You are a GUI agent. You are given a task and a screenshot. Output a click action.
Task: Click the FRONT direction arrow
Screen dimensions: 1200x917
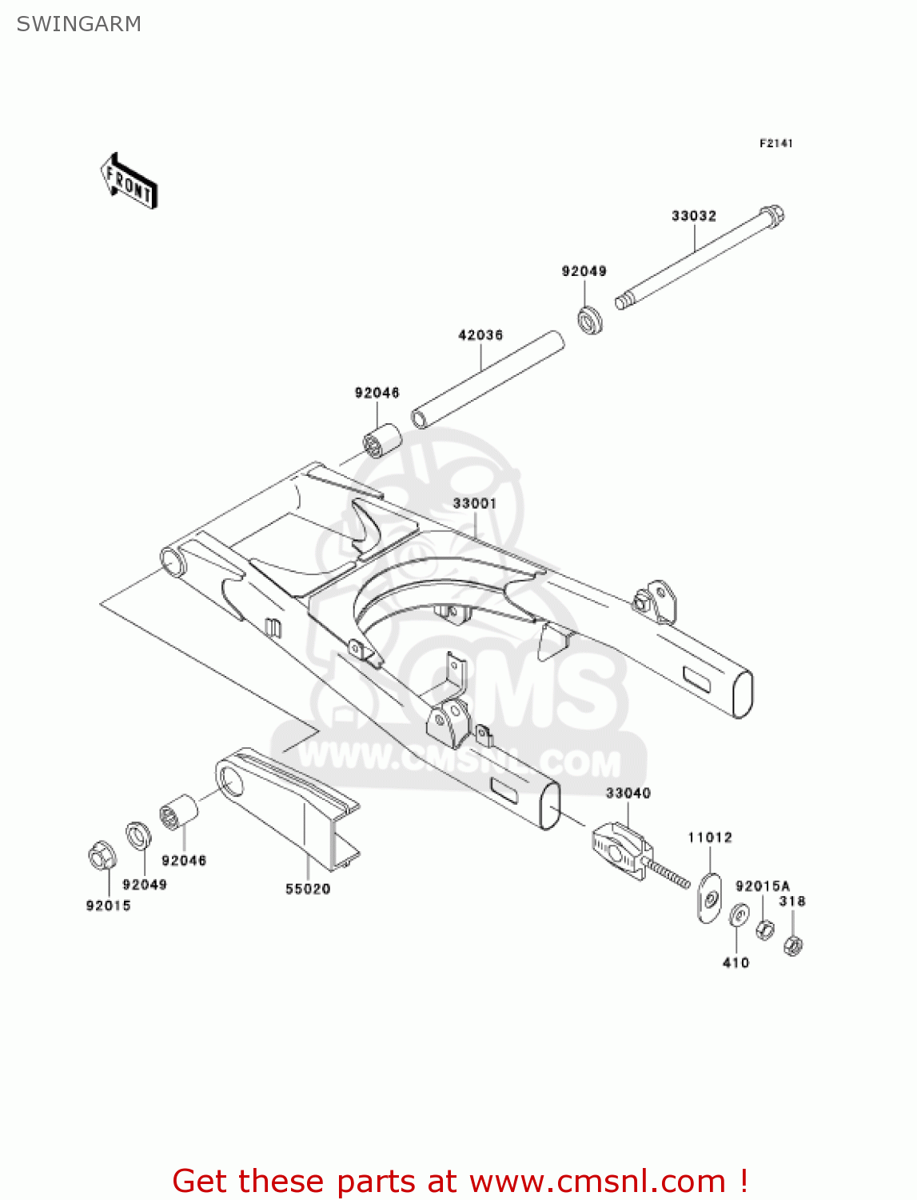tap(128, 181)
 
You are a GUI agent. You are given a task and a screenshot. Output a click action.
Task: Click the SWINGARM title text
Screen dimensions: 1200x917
tap(78, 24)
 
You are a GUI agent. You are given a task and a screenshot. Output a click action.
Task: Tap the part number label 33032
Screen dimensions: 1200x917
tap(693, 216)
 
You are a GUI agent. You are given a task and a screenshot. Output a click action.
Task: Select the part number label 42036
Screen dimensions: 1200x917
tap(480, 335)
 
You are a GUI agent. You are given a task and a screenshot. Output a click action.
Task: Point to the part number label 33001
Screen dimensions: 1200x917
tap(474, 503)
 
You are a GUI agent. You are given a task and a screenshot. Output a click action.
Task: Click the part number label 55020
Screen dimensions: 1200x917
tap(308, 889)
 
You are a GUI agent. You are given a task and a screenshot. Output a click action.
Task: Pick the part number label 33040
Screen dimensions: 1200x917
tap(628, 793)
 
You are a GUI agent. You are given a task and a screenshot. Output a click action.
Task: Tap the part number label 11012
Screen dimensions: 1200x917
tap(710, 838)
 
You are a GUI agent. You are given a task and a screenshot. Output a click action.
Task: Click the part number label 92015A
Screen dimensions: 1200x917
tap(762, 886)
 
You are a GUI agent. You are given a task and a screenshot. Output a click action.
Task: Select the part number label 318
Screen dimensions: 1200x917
tap(792, 901)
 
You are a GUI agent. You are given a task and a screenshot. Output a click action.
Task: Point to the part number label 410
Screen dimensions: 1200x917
tap(736, 962)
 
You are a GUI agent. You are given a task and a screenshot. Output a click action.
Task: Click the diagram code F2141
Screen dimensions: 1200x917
tap(775, 143)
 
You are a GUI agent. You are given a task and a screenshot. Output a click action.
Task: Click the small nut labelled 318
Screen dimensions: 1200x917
tap(792, 946)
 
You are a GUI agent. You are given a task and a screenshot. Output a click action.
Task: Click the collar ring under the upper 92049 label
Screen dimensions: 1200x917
tap(590, 318)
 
